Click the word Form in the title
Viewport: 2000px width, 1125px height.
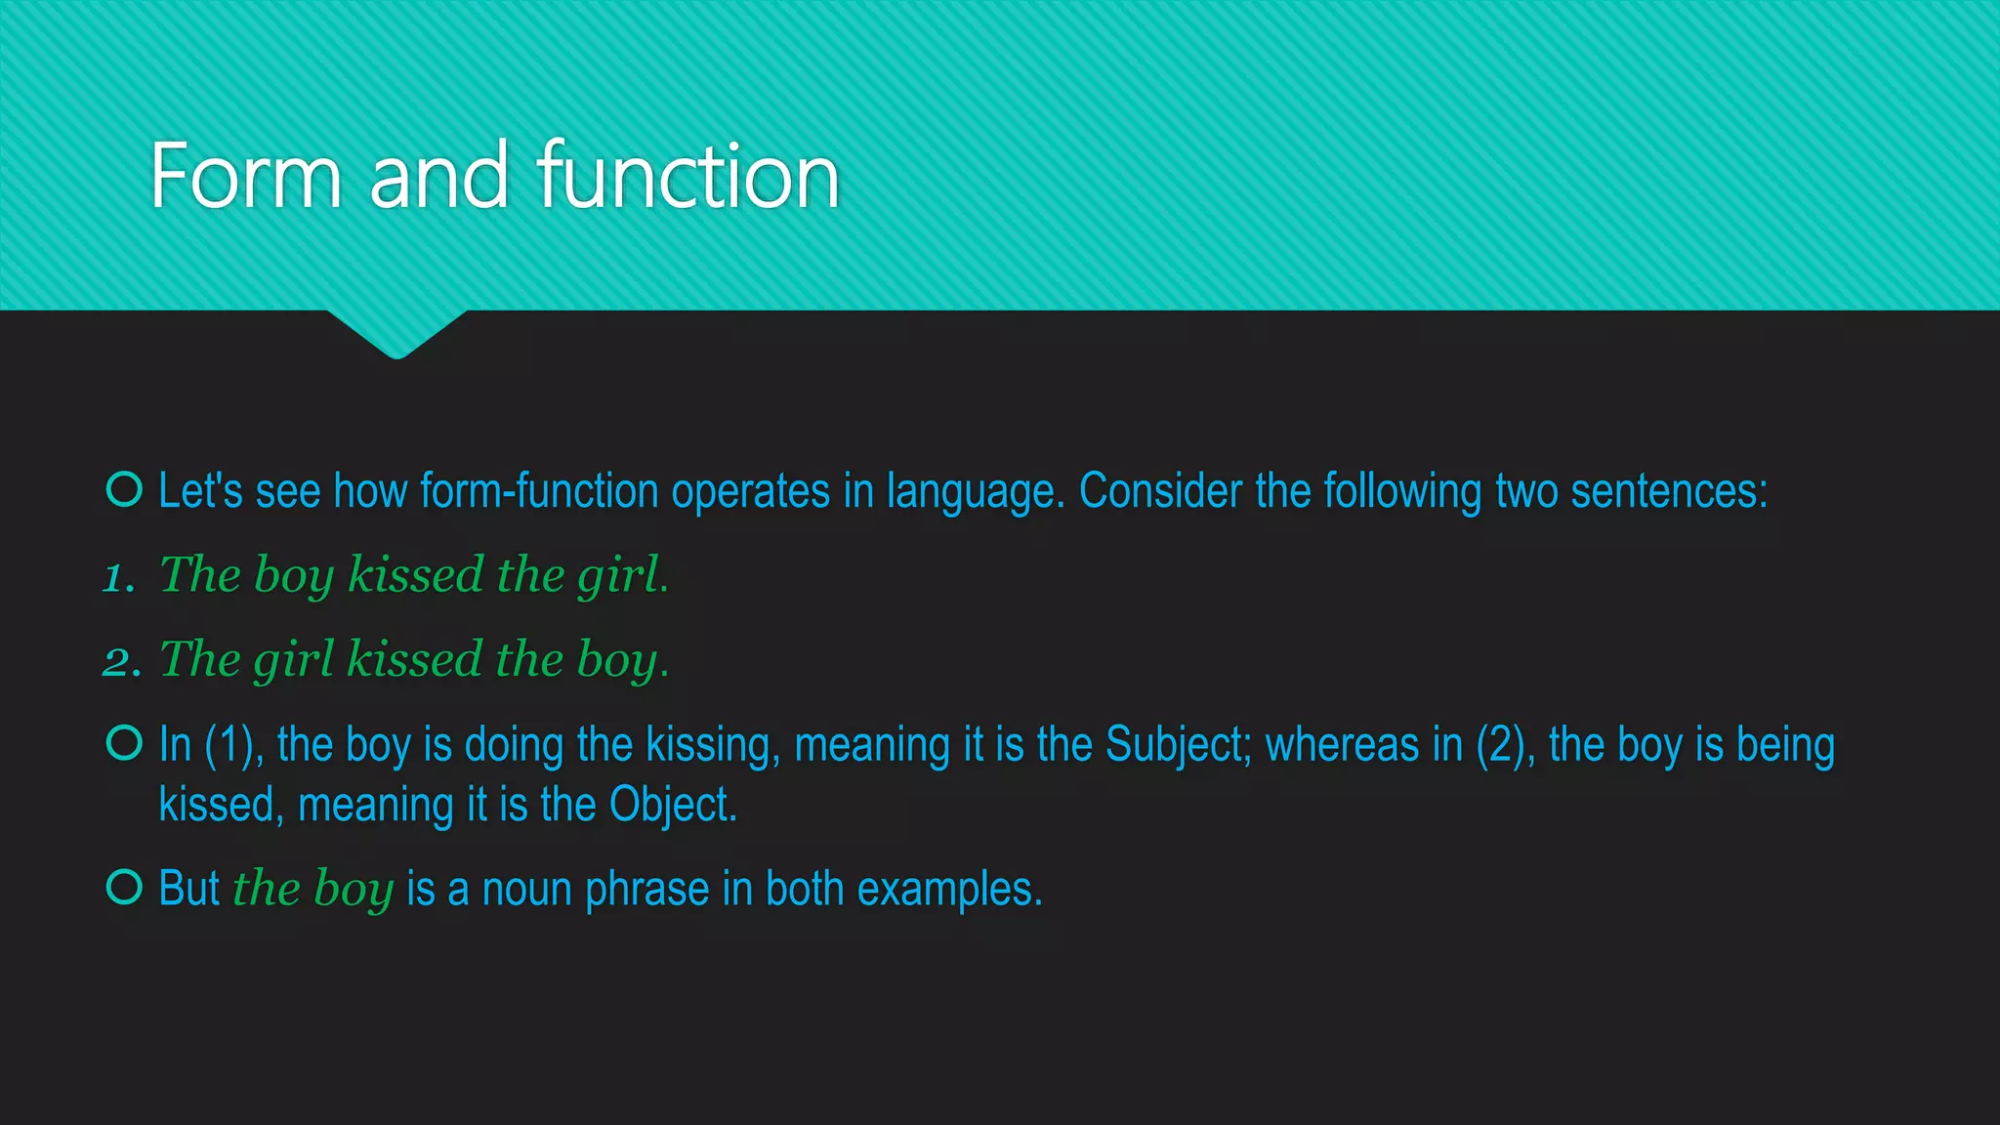click(x=245, y=177)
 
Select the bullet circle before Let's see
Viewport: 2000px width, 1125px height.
click(x=124, y=488)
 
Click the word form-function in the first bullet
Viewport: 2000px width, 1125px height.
click(x=539, y=490)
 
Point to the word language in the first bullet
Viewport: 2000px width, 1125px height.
click(x=974, y=492)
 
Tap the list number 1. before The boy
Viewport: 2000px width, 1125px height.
click(x=119, y=577)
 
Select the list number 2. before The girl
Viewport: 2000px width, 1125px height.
click(x=121, y=662)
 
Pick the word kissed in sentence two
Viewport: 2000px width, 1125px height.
click(x=414, y=659)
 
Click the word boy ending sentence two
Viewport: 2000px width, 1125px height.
click(x=618, y=661)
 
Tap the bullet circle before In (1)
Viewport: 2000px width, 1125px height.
click(x=124, y=743)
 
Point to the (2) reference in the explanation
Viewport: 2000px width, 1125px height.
click(x=1502, y=744)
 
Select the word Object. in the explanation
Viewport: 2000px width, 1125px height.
click(x=673, y=805)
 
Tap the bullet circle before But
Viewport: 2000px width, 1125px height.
click(x=124, y=887)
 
